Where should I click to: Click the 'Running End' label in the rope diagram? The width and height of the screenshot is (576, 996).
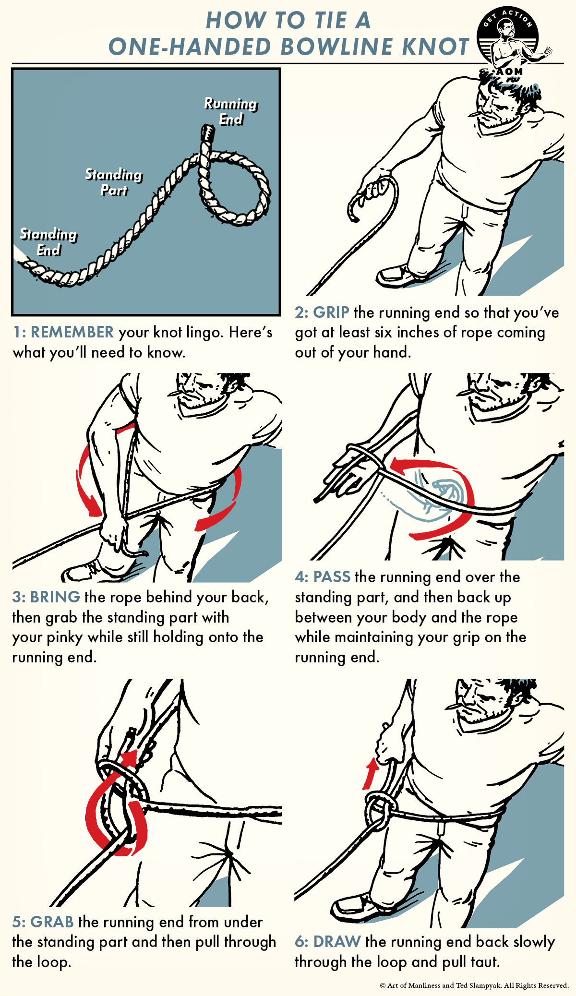coord(231,111)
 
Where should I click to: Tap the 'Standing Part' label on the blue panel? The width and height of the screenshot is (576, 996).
coord(114,182)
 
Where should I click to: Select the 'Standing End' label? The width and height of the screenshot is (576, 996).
coord(48,241)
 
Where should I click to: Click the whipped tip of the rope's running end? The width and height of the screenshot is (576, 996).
coord(207,132)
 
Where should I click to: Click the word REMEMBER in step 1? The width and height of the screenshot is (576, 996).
coord(72,332)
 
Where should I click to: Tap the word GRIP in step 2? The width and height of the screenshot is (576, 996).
coord(331,312)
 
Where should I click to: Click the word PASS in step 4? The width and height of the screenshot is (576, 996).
coord(332,576)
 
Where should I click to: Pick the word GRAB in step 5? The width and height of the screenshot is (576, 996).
coord(52,922)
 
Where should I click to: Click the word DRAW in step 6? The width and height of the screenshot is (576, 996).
coord(336,941)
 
